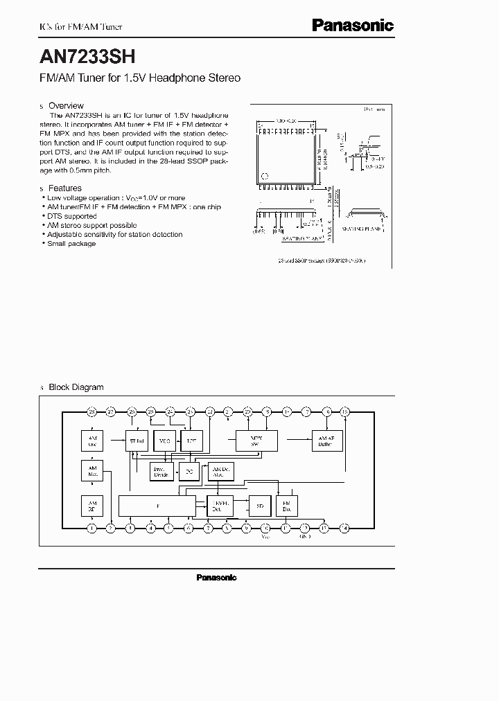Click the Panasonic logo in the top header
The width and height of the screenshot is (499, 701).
pyautogui.click(x=352, y=26)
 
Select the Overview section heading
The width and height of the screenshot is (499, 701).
pyautogui.click(x=66, y=106)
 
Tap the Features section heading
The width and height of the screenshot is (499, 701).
pyautogui.click(x=65, y=188)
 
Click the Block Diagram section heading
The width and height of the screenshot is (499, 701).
pyautogui.click(x=76, y=387)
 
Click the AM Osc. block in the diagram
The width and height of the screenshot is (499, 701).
pyautogui.click(x=92, y=441)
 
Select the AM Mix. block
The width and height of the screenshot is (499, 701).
pyautogui.click(x=92, y=472)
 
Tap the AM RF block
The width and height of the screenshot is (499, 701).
pyautogui.click(x=92, y=505)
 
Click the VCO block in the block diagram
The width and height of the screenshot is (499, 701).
pyautogui.click(x=164, y=441)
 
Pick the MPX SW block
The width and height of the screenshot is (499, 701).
pyautogui.click(x=257, y=441)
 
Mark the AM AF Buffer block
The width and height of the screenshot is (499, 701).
pyautogui.click(x=325, y=441)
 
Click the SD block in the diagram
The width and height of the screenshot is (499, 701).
pyautogui.click(x=260, y=506)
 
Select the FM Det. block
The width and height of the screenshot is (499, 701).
pyautogui.click(x=286, y=506)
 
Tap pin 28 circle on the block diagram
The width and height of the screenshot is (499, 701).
pyautogui.click(x=91, y=411)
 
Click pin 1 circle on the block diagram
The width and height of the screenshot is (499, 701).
pyautogui.click(x=91, y=529)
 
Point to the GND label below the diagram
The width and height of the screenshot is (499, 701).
pyautogui.click(x=304, y=537)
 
